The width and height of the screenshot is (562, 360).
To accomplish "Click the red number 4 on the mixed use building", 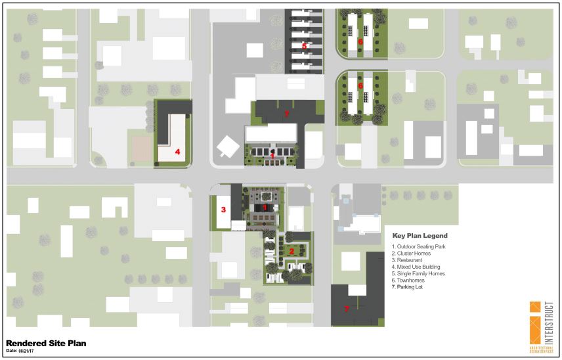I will (x=177, y=151).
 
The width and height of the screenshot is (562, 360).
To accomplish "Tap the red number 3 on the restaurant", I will (x=223, y=210).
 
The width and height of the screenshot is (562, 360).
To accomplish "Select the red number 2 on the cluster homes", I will (x=292, y=252).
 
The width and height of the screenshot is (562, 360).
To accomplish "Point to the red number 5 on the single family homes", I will (x=304, y=46).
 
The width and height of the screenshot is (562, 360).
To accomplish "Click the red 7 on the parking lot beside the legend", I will (x=347, y=308).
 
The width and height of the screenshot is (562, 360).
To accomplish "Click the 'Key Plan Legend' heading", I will (x=420, y=236).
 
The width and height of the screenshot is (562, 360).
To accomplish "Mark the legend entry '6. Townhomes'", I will (x=410, y=280).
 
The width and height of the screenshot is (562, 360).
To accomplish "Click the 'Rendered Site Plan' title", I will (x=46, y=343).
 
